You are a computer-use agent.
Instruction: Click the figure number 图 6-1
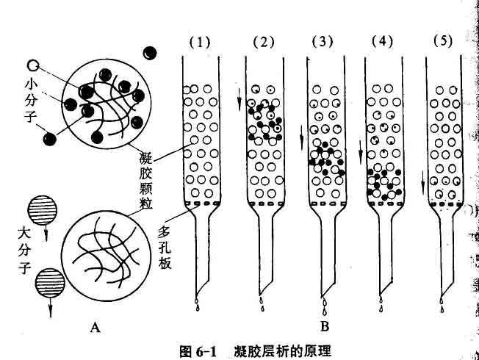[x=198, y=349]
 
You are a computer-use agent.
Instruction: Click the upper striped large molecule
[x=38, y=208]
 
